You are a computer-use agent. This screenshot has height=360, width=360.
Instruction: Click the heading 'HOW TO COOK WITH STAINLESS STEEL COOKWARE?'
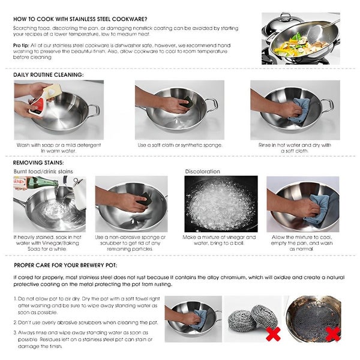point(80,19)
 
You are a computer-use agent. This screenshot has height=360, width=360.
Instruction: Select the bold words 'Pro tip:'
point(23,46)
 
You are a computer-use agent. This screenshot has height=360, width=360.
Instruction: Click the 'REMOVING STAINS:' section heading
point(38,162)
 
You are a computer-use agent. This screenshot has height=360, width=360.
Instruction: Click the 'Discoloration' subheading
point(203,172)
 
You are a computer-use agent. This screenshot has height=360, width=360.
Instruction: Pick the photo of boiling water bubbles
point(220,204)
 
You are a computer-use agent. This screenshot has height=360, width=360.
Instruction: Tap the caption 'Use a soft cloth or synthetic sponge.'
point(180,145)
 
